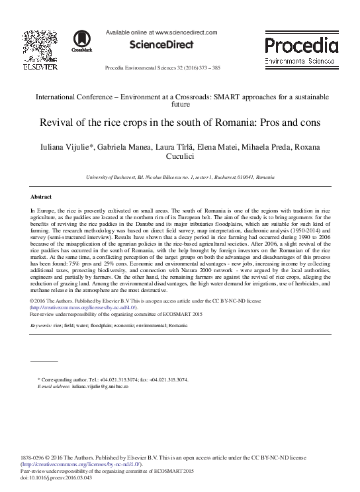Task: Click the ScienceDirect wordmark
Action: [x=161, y=45]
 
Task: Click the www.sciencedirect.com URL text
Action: [x=186, y=31]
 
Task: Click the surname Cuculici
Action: [x=179, y=158]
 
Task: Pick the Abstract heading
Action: [x=41, y=197]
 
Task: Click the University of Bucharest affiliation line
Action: [x=179, y=178]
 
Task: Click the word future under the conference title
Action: [x=180, y=105]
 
